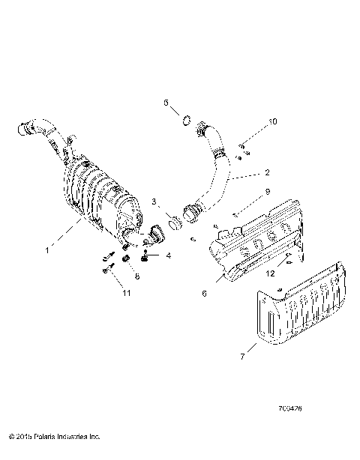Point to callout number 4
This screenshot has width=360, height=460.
[169, 255]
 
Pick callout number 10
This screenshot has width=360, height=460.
[273, 121]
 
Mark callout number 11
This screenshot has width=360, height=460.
[127, 292]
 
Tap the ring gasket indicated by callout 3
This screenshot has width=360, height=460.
[174, 223]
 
